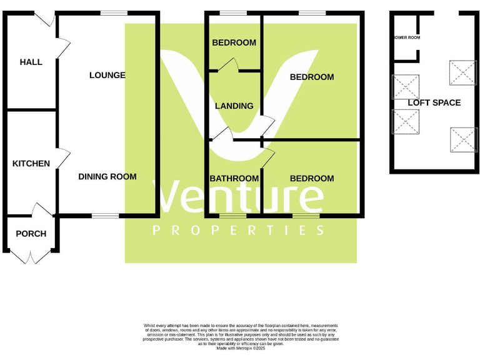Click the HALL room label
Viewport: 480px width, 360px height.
[31, 62]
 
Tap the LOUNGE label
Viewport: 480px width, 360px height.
[107, 75]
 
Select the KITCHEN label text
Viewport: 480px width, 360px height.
[31, 163]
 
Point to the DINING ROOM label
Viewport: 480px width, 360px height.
[107, 176]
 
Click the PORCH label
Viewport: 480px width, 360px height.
[31, 234]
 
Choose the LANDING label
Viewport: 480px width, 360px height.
[234, 106]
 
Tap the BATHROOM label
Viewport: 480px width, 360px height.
[234, 178]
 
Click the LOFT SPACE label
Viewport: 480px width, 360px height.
[434, 102]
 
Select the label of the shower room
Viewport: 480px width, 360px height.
[406, 37]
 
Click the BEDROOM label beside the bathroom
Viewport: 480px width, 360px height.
[312, 178]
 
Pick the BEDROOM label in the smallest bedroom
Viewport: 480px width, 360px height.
[234, 42]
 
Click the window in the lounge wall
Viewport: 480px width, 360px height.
[114, 13]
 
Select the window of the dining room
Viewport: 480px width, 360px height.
[105, 216]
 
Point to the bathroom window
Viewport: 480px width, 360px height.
[232, 216]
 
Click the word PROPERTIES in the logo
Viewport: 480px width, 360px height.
[239, 230]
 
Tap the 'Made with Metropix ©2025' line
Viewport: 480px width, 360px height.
[241, 348]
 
